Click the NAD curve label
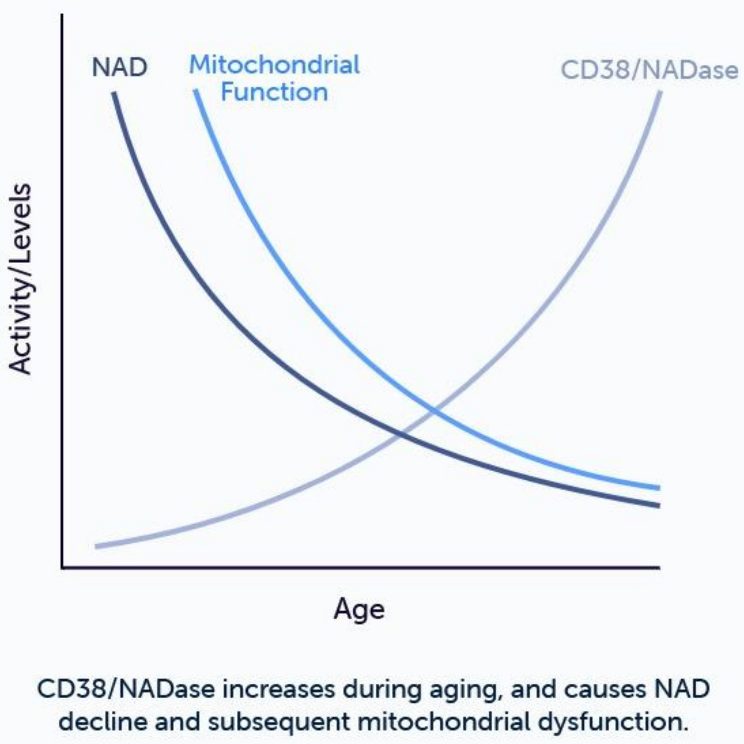point(119,67)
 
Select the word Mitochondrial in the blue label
point(274,65)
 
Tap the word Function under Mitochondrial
point(274,93)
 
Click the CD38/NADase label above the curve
point(649,70)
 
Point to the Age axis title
point(359,610)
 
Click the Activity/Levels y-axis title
point(21,279)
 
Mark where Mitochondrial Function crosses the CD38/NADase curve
point(434,410)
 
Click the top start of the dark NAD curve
point(114,93)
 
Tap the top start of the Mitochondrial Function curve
point(196,91)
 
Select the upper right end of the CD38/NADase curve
point(660,92)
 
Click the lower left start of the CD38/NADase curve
point(96,546)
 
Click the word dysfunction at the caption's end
point(613,721)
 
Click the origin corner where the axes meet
point(62,568)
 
